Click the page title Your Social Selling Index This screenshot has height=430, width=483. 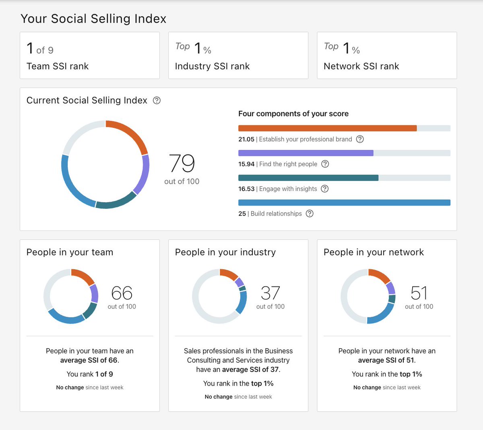point(93,19)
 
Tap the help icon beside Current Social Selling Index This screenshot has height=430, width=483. point(157,100)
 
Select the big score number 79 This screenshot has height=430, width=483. point(182,163)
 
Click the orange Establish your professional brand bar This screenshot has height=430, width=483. point(327,128)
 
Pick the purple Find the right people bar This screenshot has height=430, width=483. point(305,153)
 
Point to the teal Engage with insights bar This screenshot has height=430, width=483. point(308,178)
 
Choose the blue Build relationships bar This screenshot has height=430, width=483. point(344,203)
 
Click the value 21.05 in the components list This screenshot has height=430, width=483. point(246,139)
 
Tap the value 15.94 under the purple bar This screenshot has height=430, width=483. point(246,164)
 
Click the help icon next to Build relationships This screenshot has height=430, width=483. point(310,214)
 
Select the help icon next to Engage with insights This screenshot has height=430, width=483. point(325,189)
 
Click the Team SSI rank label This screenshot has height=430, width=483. point(58,66)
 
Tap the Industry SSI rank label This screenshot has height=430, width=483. point(212,66)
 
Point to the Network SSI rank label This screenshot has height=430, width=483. point(361,66)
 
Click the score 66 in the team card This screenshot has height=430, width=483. point(122,293)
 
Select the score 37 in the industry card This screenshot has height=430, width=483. point(270,293)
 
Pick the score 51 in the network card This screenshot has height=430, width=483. point(419,293)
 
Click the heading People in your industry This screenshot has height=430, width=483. point(225,252)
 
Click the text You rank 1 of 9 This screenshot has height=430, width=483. point(90,374)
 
